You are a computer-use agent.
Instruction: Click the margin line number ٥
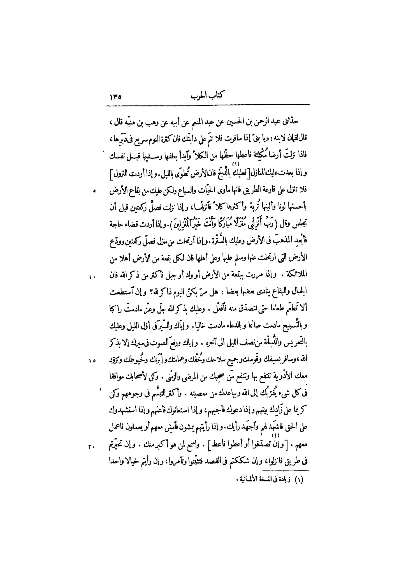pos(94,191)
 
